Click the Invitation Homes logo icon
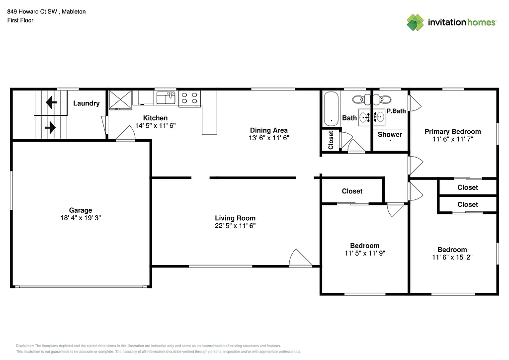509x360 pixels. tap(415, 22)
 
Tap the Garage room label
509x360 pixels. tap(81, 210)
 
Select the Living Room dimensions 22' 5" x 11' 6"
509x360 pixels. tap(235, 226)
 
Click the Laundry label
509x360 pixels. tap(86, 103)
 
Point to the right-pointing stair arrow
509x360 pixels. tap(50, 127)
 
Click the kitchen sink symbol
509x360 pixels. tap(166, 97)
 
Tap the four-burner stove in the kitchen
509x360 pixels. tap(189, 97)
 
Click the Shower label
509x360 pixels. tap(390, 134)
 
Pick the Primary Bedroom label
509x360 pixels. tap(452, 131)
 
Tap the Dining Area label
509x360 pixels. tap(268, 130)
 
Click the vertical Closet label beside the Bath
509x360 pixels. tap(331, 140)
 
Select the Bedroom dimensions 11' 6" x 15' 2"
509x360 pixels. tap(452, 258)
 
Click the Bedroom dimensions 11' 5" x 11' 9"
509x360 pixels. tap(365, 253)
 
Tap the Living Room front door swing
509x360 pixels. tap(300, 258)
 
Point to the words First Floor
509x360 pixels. tap(20, 20)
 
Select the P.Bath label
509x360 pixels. tap(396, 111)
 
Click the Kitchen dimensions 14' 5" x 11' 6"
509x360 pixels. tap(156, 126)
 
